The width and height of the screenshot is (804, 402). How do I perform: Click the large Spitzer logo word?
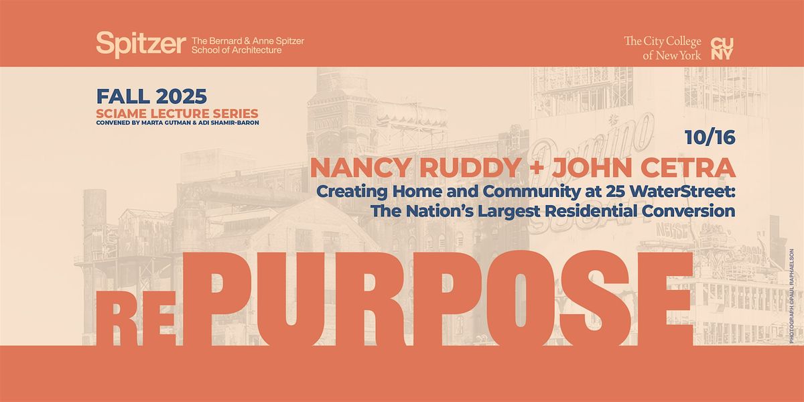pyautogui.click(x=141, y=44)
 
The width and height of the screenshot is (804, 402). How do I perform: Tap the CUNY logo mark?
pyautogui.click(x=722, y=49)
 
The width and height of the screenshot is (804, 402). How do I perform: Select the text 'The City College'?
pyautogui.click(x=663, y=42)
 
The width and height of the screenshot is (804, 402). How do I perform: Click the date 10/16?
pyautogui.click(x=710, y=137)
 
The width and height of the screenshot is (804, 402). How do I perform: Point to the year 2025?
pyautogui.click(x=182, y=96)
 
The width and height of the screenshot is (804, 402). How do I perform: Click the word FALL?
pyautogui.click(x=123, y=96)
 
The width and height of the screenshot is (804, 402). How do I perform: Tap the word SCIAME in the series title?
pyautogui.click(x=121, y=113)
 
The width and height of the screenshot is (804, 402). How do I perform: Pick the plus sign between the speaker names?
pyautogui.click(x=537, y=168)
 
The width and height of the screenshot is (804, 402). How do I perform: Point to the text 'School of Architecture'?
pyautogui.click(x=236, y=50)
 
